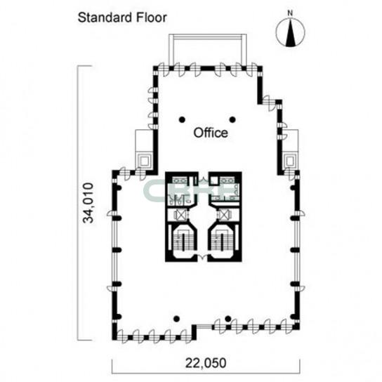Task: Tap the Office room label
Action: (211, 133)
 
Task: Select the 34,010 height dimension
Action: (88, 203)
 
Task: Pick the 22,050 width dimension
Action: (206, 363)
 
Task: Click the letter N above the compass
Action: (290, 13)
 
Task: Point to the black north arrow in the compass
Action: (290, 32)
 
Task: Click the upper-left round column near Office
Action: (182, 119)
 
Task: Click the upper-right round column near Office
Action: (232, 119)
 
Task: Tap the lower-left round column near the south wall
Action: (177, 319)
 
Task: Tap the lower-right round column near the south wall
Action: (228, 318)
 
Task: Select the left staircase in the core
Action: (182, 241)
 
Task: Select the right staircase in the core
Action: (222, 241)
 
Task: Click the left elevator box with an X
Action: (180, 215)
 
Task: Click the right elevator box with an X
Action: (225, 215)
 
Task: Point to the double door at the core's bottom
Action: (202, 257)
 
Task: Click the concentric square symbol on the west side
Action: (145, 161)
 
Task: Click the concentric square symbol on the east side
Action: (290, 161)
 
